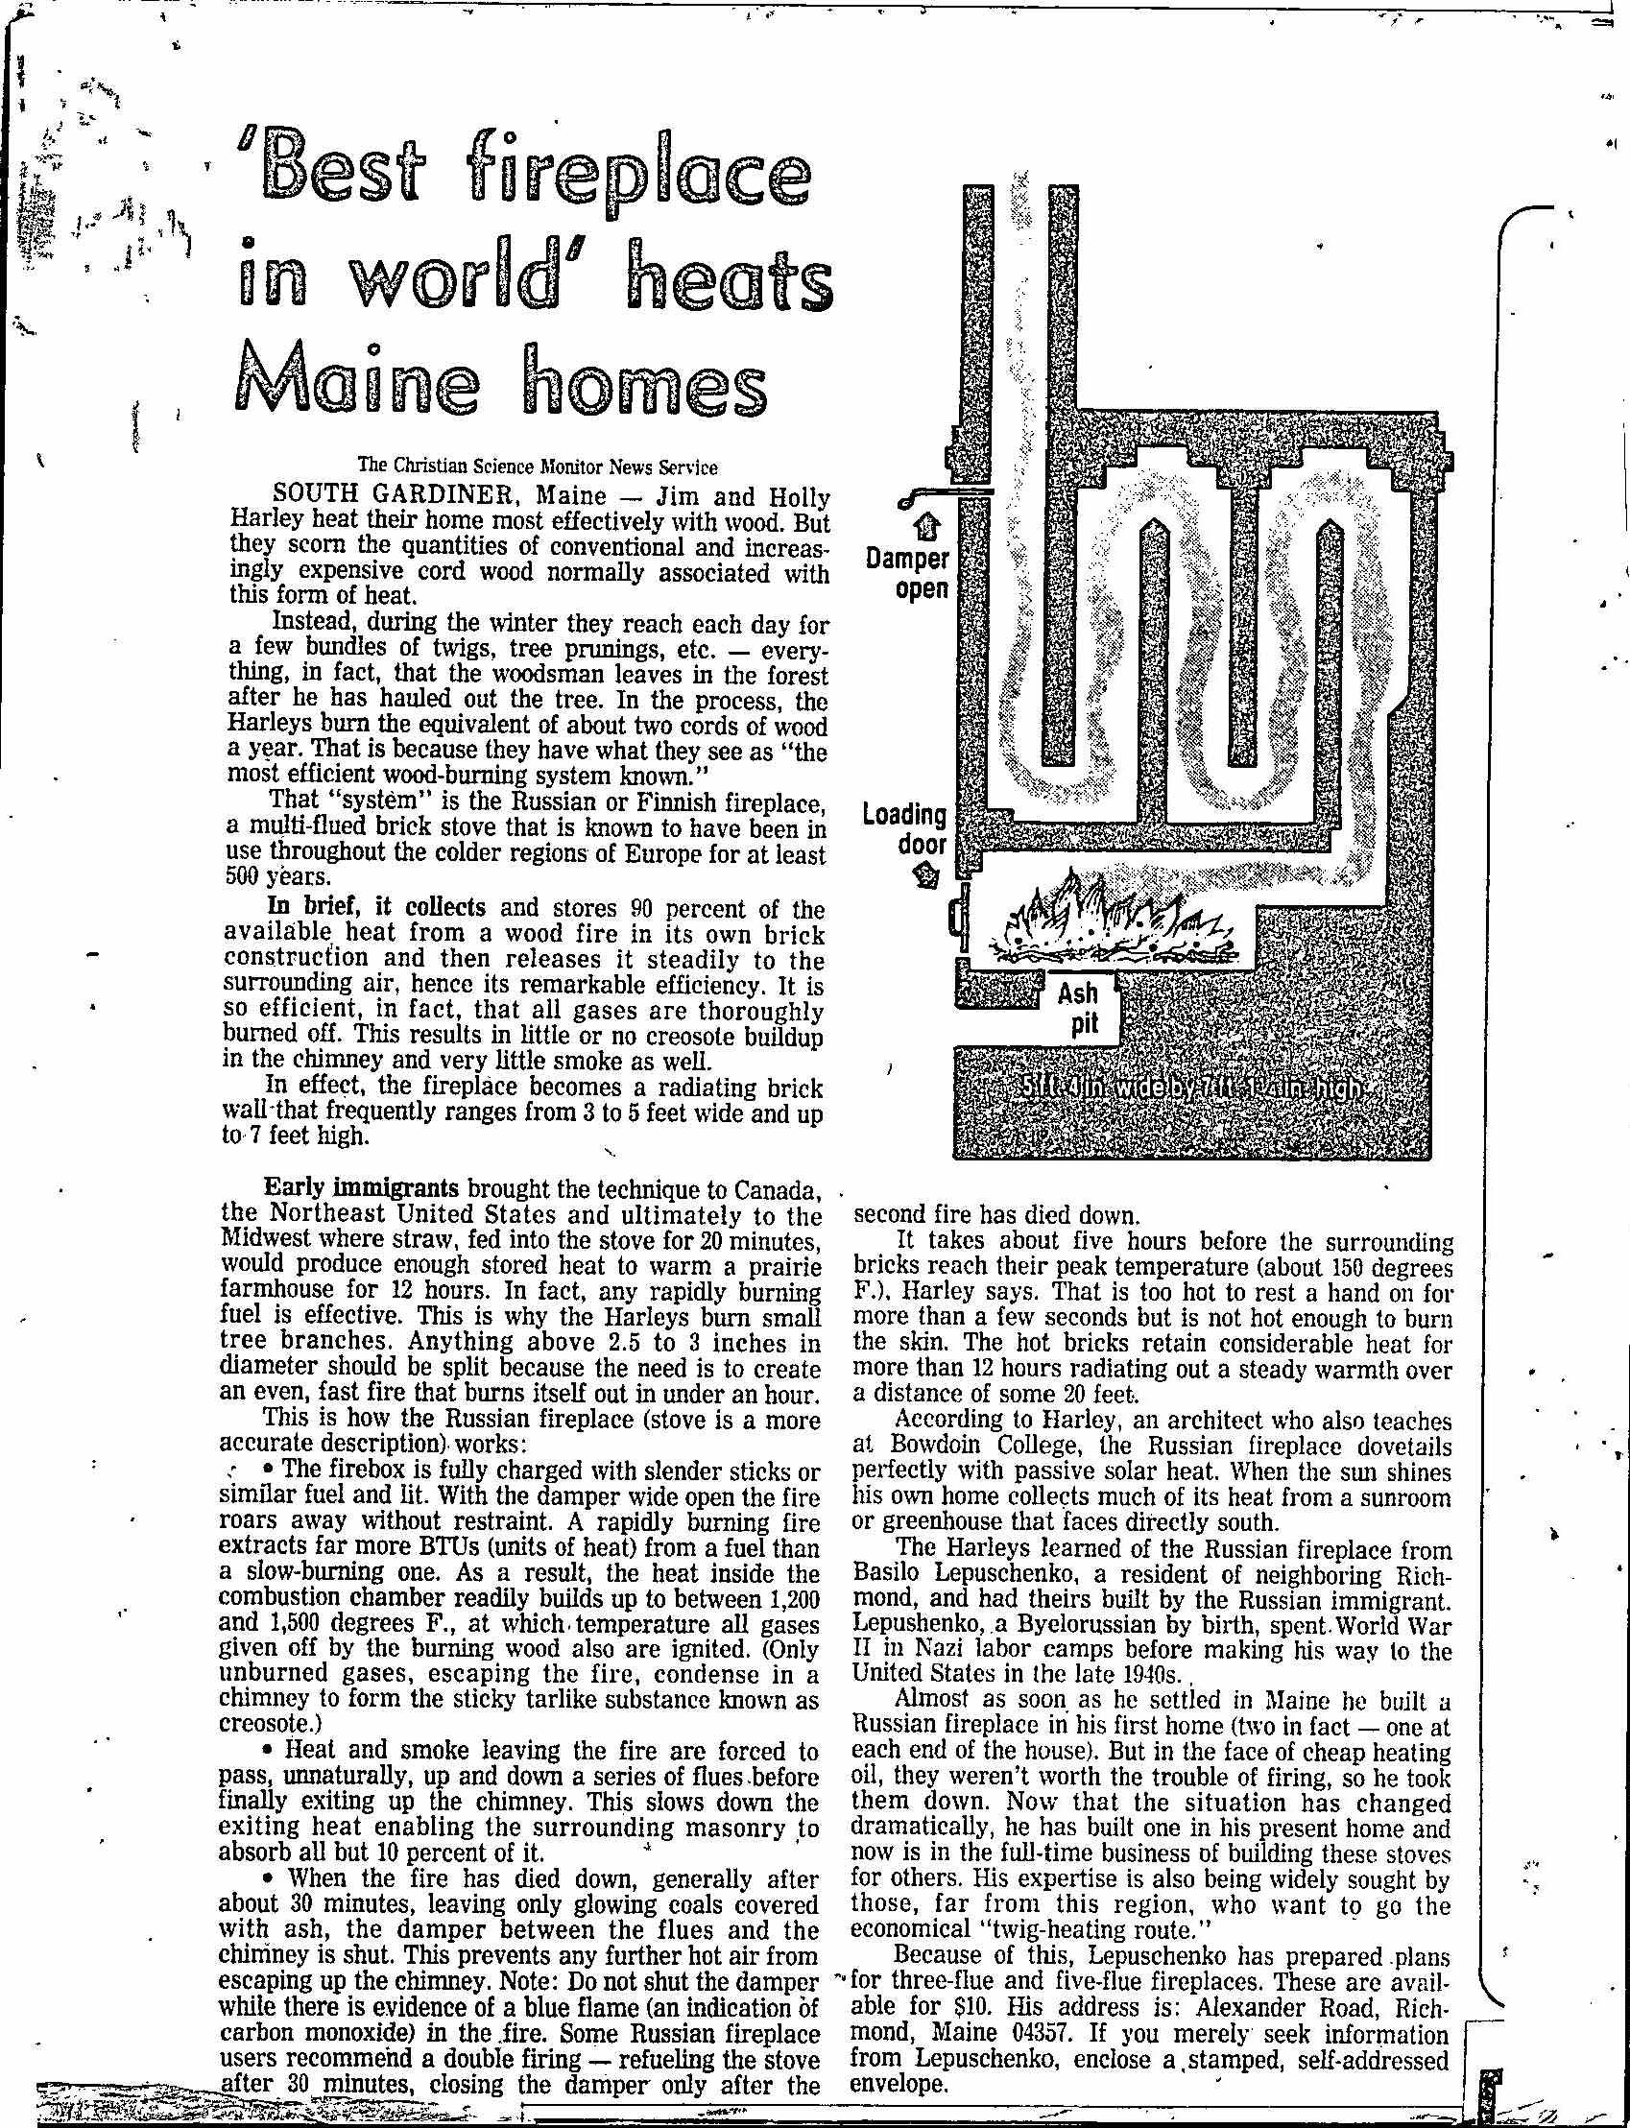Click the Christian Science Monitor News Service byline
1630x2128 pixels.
pyautogui.click(x=538, y=467)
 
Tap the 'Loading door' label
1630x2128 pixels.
pyautogui.click(x=904, y=829)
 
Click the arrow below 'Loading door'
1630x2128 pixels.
pyautogui.click(x=928, y=876)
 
